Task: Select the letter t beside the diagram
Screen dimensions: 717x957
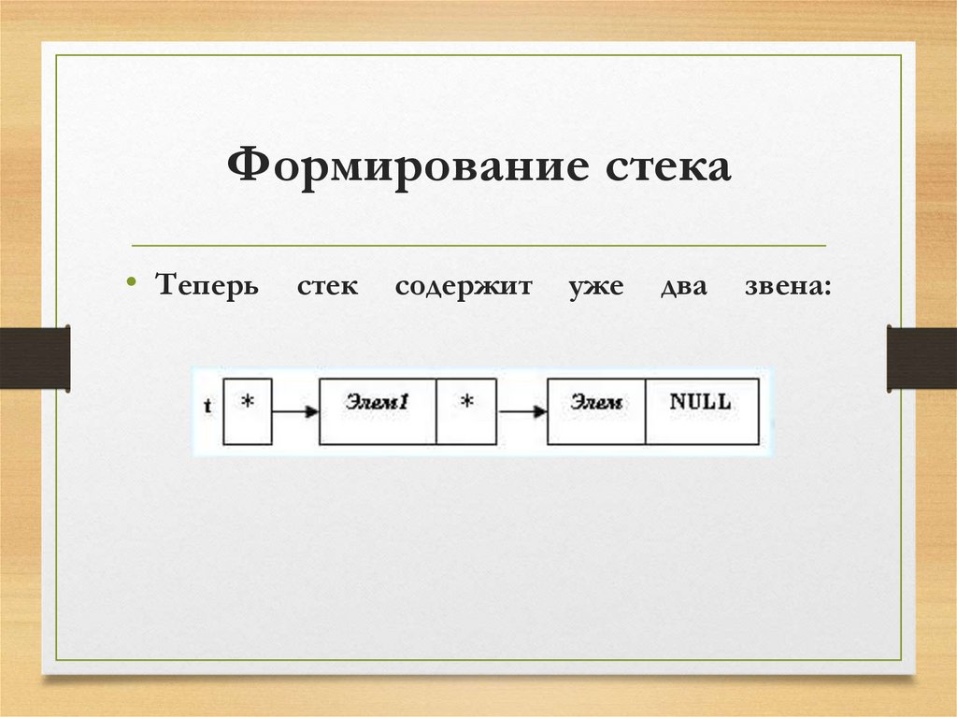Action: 207,408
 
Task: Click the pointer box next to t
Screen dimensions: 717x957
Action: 248,411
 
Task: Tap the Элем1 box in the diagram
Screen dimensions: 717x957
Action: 378,411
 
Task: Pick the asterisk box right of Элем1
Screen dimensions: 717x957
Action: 466,411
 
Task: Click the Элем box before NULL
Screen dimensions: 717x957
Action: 596,411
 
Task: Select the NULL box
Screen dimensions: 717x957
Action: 702,411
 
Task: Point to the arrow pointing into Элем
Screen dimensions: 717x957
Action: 521,411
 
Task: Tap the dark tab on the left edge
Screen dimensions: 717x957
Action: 35,356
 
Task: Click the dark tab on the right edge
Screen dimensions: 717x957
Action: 921,356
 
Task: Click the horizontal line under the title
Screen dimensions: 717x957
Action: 478,246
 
